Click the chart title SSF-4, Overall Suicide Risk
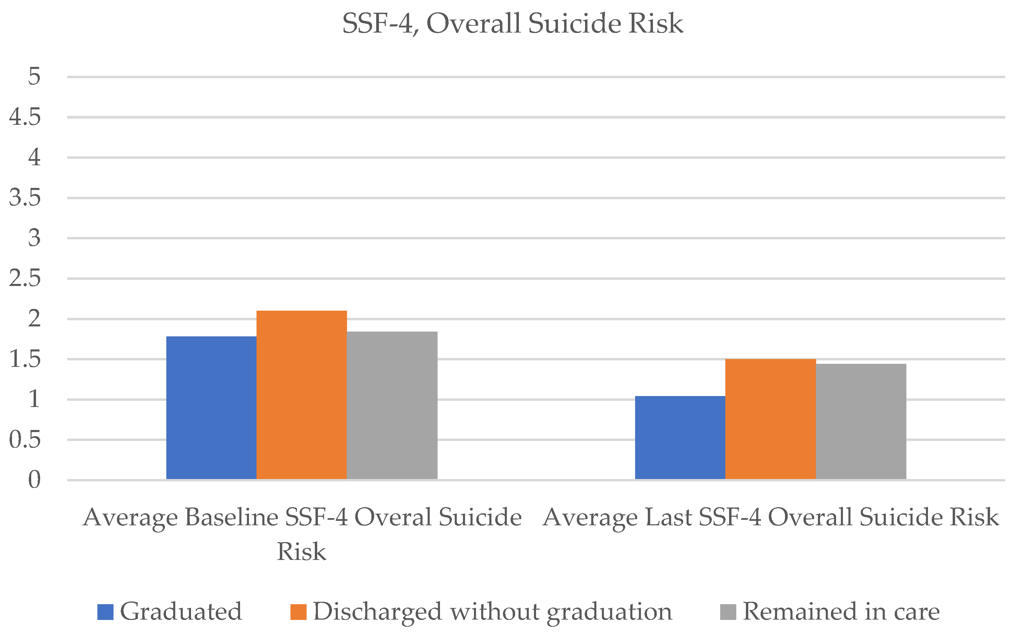tap(512, 23)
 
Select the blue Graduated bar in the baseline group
tap(211, 408)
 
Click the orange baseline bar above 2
tap(301, 395)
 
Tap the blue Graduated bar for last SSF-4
tap(680, 437)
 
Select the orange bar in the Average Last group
tap(771, 419)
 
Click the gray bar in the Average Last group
tap(861, 421)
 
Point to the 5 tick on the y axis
tap(34, 77)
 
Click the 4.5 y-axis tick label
tap(25, 117)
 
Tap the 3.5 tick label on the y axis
tap(25, 198)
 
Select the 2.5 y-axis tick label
tap(25, 278)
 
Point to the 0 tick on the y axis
tap(34, 480)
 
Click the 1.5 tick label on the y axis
tap(25, 359)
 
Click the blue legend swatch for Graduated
tap(105, 612)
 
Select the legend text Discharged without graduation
tap(493, 612)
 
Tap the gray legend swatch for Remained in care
tap(728, 612)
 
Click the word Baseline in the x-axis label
tap(231, 517)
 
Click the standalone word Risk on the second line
tap(301, 551)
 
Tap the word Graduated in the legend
tap(181, 611)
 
